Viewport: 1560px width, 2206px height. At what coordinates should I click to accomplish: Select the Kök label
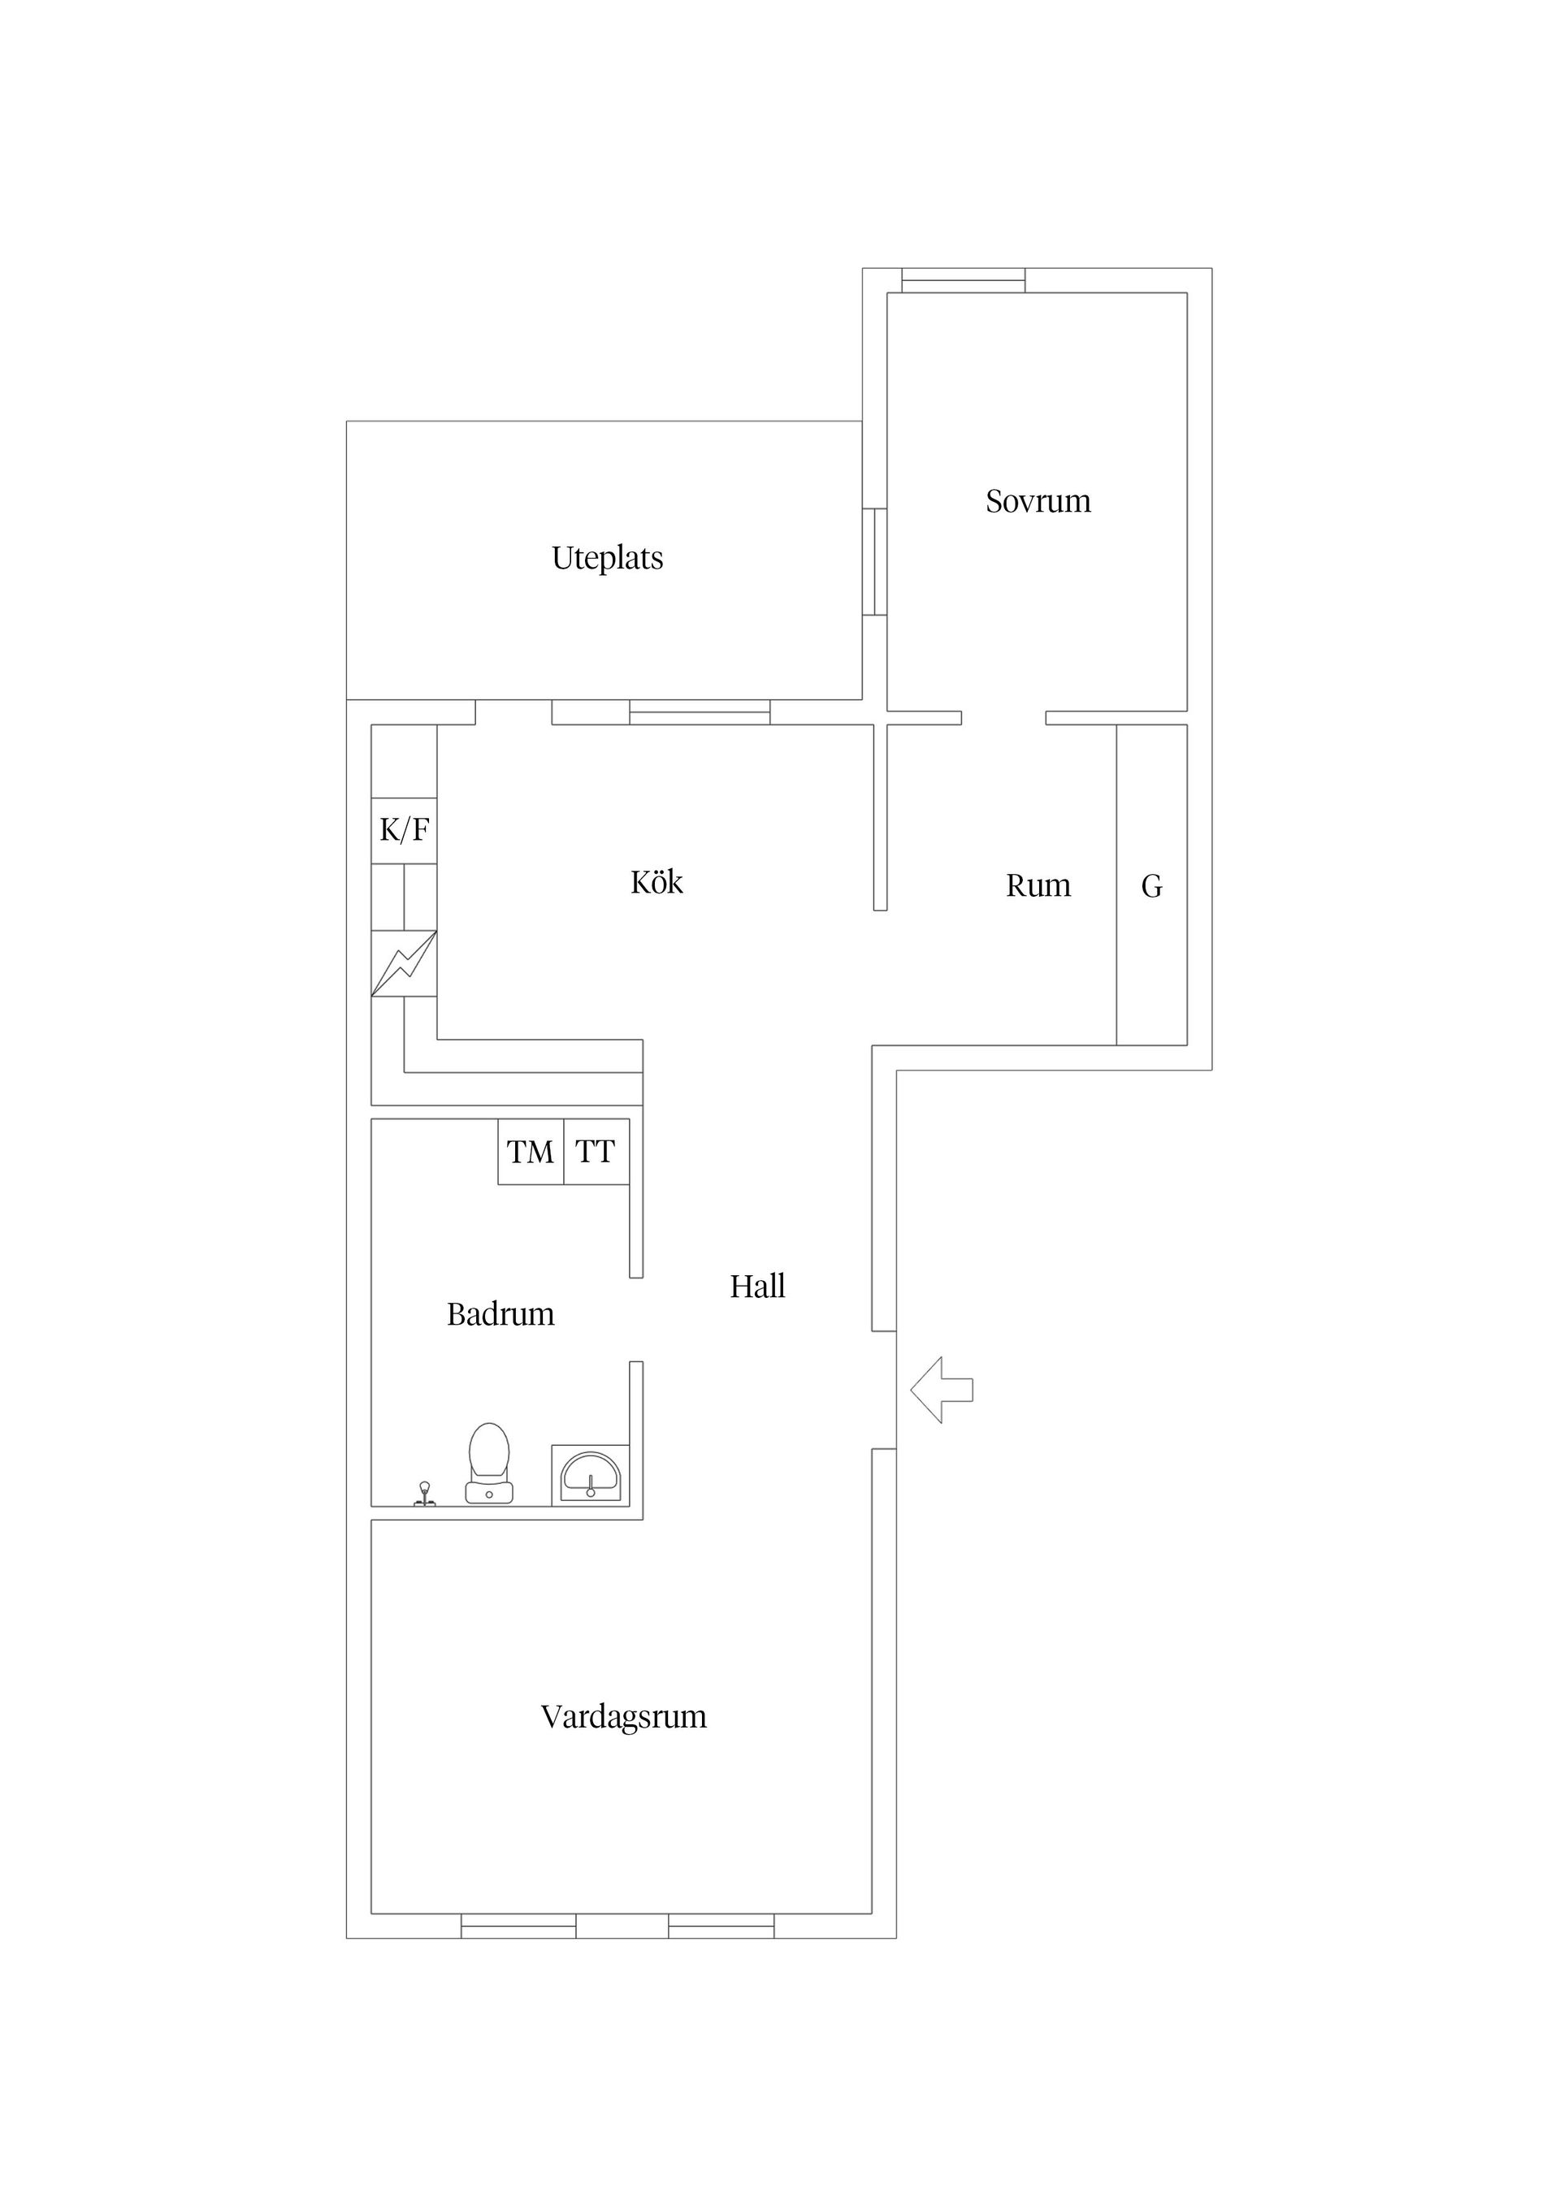click(656, 882)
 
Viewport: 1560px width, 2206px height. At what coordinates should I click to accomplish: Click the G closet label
click(1151, 886)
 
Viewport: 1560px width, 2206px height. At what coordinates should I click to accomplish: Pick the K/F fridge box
click(404, 830)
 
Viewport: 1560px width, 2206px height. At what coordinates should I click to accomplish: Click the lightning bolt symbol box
click(404, 962)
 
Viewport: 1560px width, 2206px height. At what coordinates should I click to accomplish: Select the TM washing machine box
click(530, 1151)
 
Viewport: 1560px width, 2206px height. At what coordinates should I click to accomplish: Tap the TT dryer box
click(596, 1151)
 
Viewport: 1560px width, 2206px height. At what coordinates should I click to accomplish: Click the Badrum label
click(500, 1314)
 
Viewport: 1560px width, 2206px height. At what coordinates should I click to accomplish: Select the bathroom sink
click(590, 1475)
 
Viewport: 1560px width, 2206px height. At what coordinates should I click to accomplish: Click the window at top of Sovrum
click(963, 280)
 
